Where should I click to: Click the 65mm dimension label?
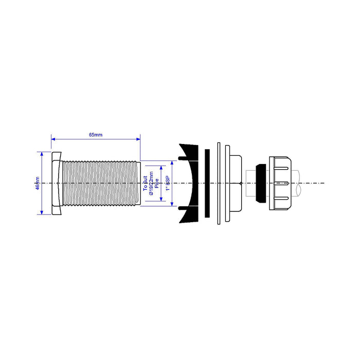pos(96,135)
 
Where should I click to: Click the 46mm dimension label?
pos(37,183)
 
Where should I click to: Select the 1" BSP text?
pos(166,183)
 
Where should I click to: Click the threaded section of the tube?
pos(100,183)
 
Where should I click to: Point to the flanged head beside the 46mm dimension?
pos(56,183)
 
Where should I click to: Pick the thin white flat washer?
pos(219,183)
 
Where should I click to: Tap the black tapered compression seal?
pos(261,183)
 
